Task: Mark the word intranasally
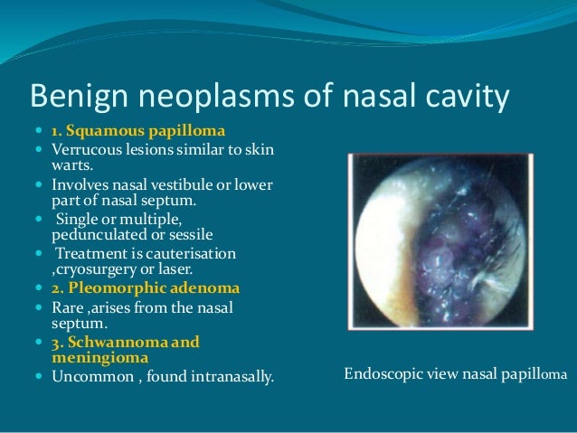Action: (x=227, y=375)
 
